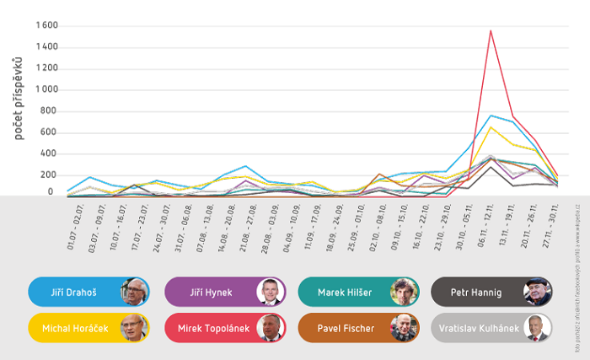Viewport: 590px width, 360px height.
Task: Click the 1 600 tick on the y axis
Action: (x=46, y=25)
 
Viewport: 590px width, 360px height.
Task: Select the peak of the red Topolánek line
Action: (x=491, y=31)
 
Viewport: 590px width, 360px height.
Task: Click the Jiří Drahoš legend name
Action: (x=73, y=292)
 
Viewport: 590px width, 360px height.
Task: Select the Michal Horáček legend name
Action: (x=74, y=328)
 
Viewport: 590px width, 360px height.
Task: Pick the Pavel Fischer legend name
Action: (x=346, y=328)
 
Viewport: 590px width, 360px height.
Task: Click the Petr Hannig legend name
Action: (x=477, y=292)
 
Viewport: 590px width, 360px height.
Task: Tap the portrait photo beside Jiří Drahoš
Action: (x=135, y=292)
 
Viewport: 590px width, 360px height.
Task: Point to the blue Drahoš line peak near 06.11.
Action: (x=491, y=116)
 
